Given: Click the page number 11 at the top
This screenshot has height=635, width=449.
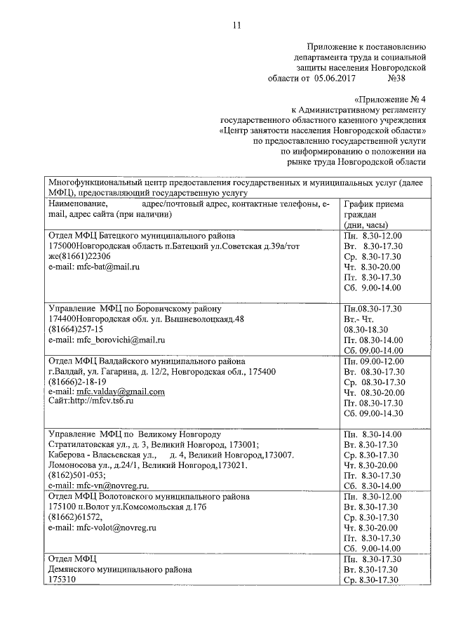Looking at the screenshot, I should (x=236, y=25).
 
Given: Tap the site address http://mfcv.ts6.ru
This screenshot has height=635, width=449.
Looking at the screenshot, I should (x=102, y=401).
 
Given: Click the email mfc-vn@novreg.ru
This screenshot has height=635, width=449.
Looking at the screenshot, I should (x=99, y=485).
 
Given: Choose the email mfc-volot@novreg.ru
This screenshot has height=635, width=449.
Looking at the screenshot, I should (x=102, y=526).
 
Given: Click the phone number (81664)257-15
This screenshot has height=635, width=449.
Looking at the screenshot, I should (x=75, y=329).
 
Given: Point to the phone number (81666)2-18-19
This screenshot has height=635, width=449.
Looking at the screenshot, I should (x=76, y=381).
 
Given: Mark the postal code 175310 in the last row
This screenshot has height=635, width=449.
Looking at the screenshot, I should (x=61, y=580).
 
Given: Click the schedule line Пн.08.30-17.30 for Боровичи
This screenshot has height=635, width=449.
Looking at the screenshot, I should (x=371, y=308).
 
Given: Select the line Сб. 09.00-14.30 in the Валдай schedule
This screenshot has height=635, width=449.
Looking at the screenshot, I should (x=373, y=415).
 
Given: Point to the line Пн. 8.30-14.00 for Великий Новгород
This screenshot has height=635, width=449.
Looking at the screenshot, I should (x=371, y=434).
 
